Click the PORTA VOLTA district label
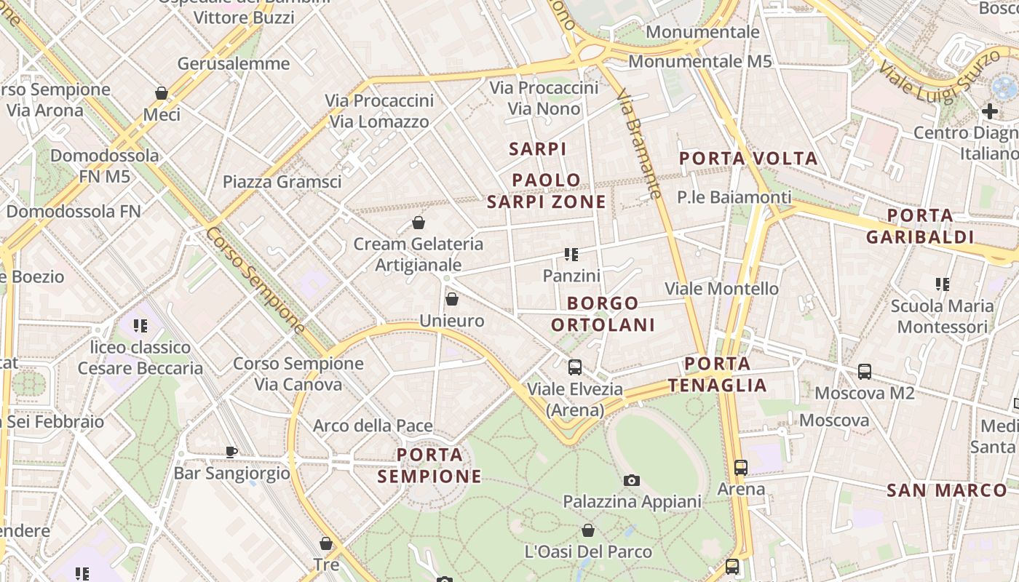tap(748, 159)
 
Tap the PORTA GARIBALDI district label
tap(920, 226)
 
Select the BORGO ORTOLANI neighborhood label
tap(603, 314)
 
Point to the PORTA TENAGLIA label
tap(718, 375)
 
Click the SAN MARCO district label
tap(946, 490)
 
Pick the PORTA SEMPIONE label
tap(430, 466)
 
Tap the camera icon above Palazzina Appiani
tap(632, 480)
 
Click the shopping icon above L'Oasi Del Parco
tap(587, 530)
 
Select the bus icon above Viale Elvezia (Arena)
tap(575, 367)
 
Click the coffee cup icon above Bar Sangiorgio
tap(231, 452)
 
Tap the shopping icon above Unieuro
tap(451, 299)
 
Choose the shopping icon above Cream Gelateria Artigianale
tap(419, 223)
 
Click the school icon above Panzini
tap(571, 254)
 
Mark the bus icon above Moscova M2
tap(865, 372)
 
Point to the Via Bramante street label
tap(638, 144)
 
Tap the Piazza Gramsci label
tap(282, 182)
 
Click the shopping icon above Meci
tap(162, 93)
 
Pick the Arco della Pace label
tap(373, 426)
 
